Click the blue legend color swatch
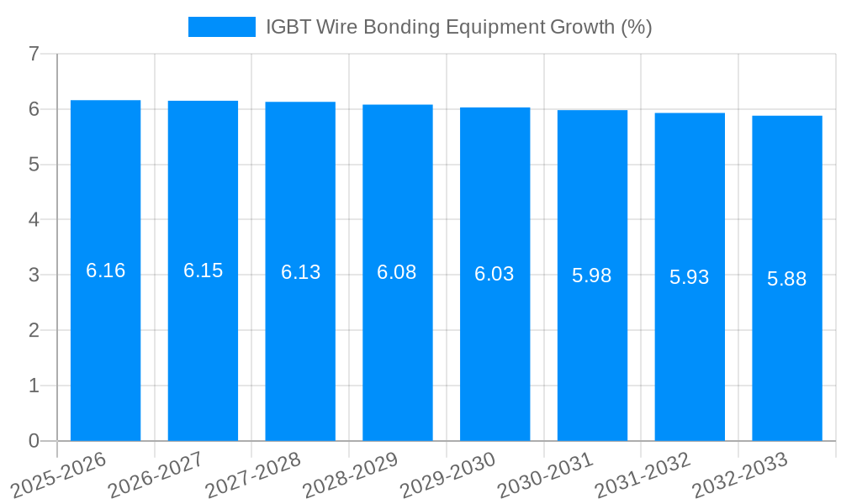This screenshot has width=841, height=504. click(221, 27)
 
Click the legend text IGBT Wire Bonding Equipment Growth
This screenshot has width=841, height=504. click(458, 27)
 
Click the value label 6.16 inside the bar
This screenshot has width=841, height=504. click(105, 270)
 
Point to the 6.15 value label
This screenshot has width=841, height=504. click(203, 270)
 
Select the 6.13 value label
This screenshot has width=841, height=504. click(300, 272)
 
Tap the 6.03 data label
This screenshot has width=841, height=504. click(495, 274)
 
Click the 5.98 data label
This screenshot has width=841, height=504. click(592, 276)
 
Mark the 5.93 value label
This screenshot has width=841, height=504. click(690, 277)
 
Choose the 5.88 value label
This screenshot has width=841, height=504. click(787, 279)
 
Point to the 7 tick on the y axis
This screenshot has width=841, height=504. click(34, 54)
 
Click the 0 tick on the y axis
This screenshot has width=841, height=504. click(34, 441)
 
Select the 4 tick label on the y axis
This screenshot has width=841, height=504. click(34, 220)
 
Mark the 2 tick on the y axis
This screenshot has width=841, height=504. click(34, 330)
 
